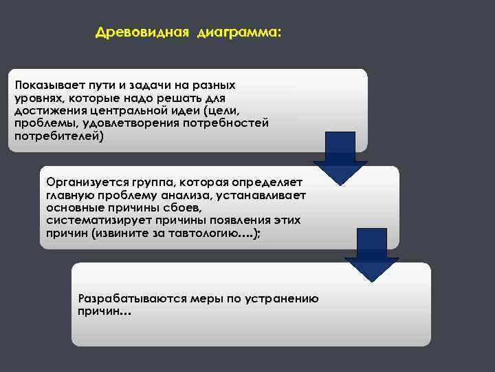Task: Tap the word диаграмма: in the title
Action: pos(239,32)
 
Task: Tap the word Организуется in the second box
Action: pos(83,183)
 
